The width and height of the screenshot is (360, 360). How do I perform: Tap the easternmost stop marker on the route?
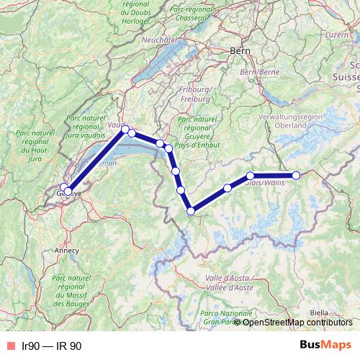tap(296, 176)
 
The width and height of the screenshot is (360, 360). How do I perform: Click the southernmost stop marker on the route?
tap(191, 211)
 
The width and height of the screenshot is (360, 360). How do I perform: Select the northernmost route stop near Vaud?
tap(125, 130)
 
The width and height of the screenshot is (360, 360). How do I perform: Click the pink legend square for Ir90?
tap(9, 346)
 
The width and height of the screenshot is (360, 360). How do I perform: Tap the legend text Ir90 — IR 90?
tap(52, 346)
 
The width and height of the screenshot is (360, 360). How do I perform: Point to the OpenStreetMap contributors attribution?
tap(297, 322)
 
